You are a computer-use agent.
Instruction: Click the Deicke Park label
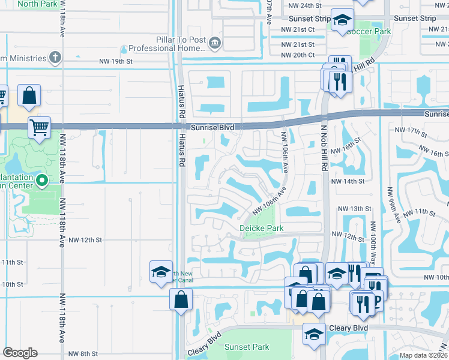tap(261, 228)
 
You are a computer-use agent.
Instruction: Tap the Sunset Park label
tap(247, 347)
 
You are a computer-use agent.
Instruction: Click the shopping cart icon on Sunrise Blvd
tap(39, 127)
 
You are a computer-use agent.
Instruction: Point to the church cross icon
tap(55, 58)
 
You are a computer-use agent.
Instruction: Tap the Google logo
tap(20, 352)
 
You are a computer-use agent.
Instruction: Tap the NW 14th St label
tap(348, 181)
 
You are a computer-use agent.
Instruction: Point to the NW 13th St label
tap(352, 208)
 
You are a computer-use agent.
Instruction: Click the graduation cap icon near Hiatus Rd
tap(161, 271)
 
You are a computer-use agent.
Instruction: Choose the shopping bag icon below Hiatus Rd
tap(181, 298)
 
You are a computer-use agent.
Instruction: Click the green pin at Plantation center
tap(42, 179)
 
